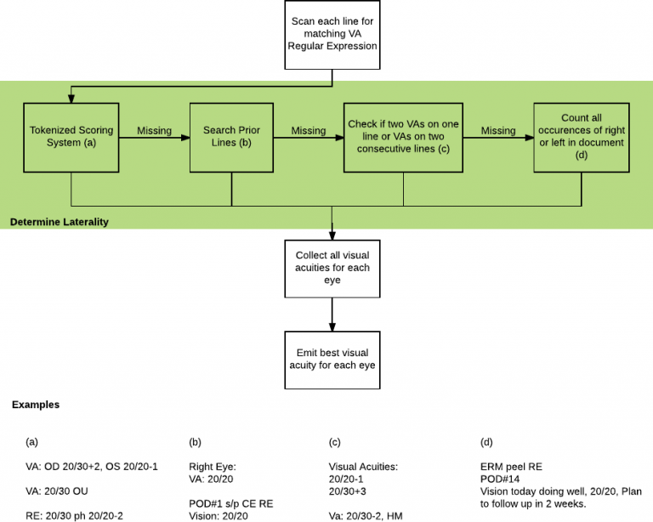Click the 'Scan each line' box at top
point(331,34)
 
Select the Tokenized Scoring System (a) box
point(71,137)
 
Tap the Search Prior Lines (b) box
point(231,137)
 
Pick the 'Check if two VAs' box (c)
point(403,136)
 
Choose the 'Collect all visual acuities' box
point(331,268)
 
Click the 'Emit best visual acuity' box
point(331,358)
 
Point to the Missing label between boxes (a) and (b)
point(154,131)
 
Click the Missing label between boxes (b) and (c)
point(308,131)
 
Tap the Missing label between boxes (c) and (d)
point(497,131)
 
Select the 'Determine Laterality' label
point(59,222)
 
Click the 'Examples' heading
point(36,405)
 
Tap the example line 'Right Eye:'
point(212,467)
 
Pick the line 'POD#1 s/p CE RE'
point(231,503)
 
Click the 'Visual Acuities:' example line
point(364,467)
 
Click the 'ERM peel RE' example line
point(510,467)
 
